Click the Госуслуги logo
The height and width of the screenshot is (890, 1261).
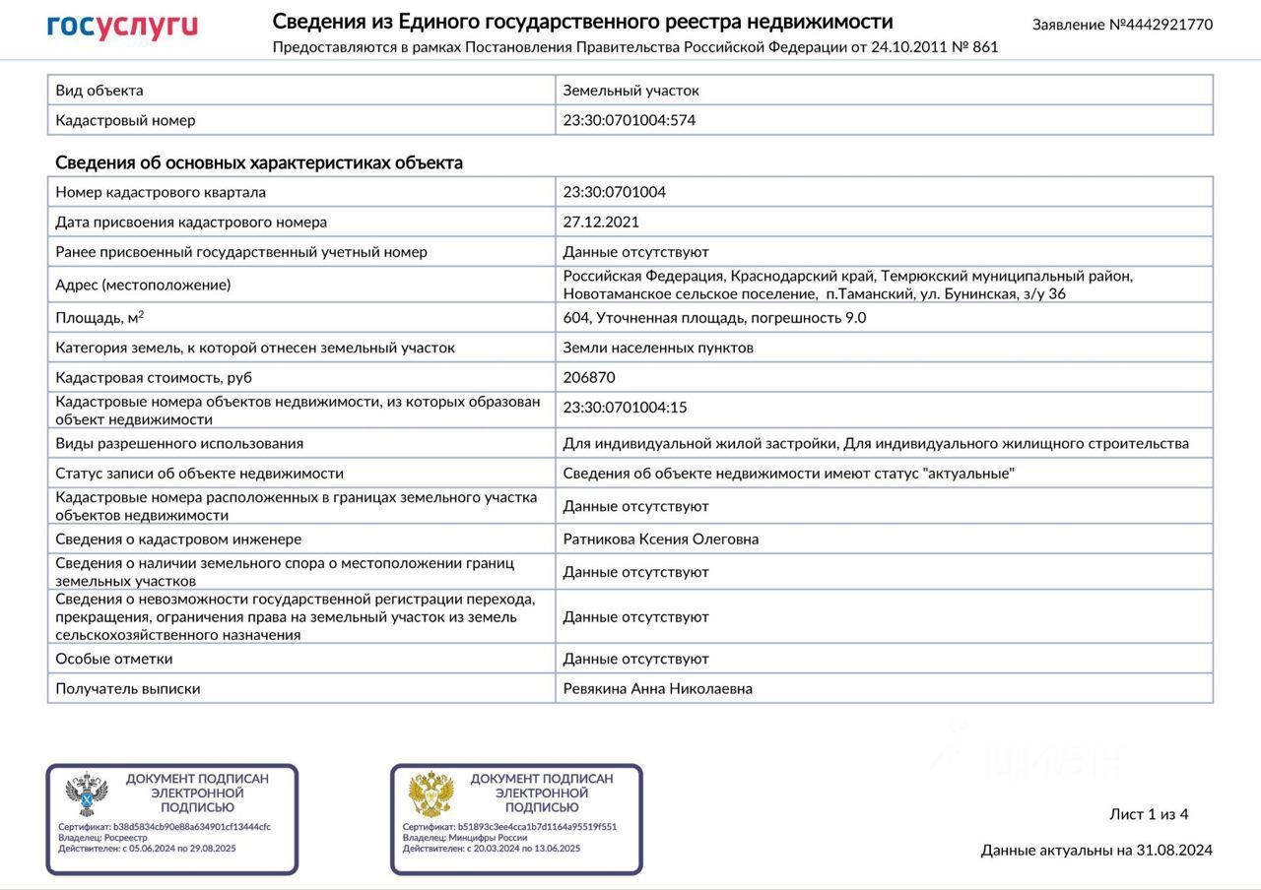(x=122, y=28)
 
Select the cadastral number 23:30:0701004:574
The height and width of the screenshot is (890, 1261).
(x=630, y=120)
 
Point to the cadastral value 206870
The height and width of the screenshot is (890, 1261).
(x=589, y=377)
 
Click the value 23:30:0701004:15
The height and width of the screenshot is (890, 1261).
(x=625, y=408)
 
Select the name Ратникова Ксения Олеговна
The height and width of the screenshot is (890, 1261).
(x=660, y=539)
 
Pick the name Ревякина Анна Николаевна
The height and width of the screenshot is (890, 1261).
(x=657, y=688)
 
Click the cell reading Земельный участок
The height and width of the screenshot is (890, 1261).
(x=630, y=90)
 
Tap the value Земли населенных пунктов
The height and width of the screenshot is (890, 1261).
(x=658, y=348)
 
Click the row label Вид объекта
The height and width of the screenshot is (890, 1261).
(x=100, y=90)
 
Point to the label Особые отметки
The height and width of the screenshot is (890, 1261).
(x=114, y=659)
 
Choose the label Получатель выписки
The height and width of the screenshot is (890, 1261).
(x=128, y=688)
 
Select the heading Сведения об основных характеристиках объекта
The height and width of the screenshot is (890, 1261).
(x=259, y=162)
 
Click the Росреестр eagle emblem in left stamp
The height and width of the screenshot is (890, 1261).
(x=87, y=795)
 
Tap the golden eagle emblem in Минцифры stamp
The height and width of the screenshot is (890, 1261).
(x=431, y=795)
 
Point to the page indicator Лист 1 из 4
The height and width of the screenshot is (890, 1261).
(x=1149, y=814)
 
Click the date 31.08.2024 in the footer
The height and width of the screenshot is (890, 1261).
(x=1174, y=850)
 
